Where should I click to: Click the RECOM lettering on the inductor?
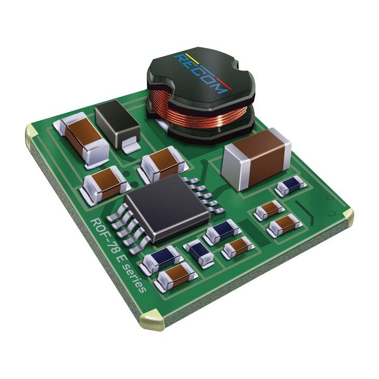200,73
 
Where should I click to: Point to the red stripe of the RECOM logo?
224,84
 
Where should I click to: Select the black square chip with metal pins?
167,208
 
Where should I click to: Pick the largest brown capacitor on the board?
257,159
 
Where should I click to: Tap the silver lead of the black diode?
131,146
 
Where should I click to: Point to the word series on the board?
136,278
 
